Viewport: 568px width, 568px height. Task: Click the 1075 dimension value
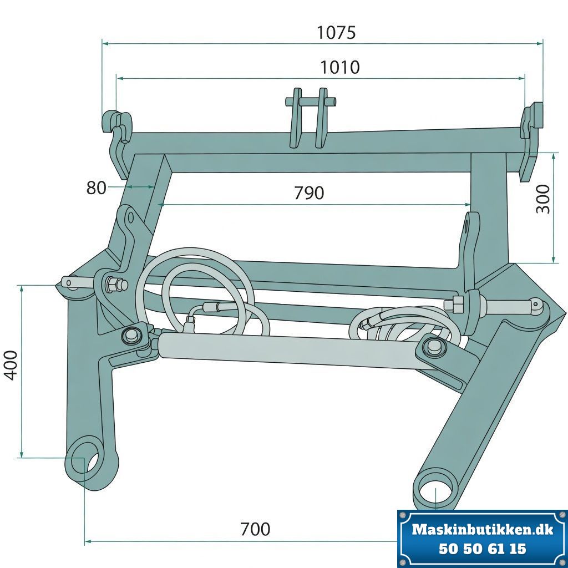click(x=336, y=33)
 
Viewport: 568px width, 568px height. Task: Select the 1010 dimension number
click(x=340, y=67)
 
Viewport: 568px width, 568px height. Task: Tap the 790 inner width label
click(x=308, y=193)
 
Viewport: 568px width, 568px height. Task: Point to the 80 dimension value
click(x=96, y=188)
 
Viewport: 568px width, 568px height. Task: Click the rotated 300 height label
click(x=544, y=199)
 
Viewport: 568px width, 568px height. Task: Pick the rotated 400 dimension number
click(x=11, y=365)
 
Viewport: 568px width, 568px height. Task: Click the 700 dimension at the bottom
click(x=255, y=529)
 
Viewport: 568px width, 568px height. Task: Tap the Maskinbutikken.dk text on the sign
click(x=483, y=530)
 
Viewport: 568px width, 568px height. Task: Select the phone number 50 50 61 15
click(x=483, y=549)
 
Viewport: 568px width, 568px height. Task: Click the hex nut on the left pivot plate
click(x=111, y=283)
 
